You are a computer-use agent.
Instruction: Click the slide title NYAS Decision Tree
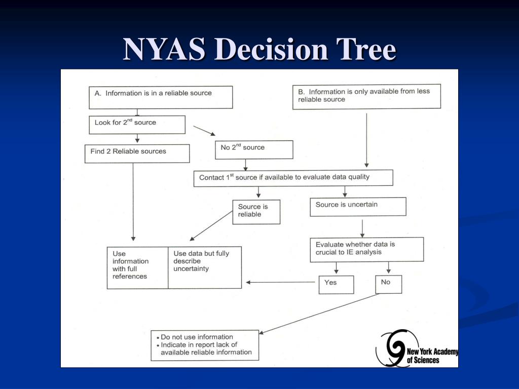[x=259, y=50]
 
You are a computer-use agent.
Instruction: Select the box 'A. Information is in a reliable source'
[x=161, y=97]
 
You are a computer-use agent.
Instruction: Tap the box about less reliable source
[x=366, y=96]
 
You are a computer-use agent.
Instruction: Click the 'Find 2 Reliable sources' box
[x=137, y=153]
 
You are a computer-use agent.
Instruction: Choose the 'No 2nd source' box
[x=254, y=149]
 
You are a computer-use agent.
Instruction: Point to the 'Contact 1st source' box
[x=293, y=178]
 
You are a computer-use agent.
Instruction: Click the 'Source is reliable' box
[x=256, y=212]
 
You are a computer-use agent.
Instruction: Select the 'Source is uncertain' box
[x=358, y=207]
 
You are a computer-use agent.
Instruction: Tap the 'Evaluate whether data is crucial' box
[x=366, y=249]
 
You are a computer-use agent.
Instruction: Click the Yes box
[x=336, y=284]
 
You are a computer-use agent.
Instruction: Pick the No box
[x=388, y=284]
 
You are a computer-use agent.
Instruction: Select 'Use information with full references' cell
[x=137, y=267]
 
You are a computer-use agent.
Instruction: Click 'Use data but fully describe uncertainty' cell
[x=205, y=267]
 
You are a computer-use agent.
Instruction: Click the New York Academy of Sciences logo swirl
[x=391, y=347]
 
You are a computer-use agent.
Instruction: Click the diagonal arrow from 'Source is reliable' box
[x=210, y=226]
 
